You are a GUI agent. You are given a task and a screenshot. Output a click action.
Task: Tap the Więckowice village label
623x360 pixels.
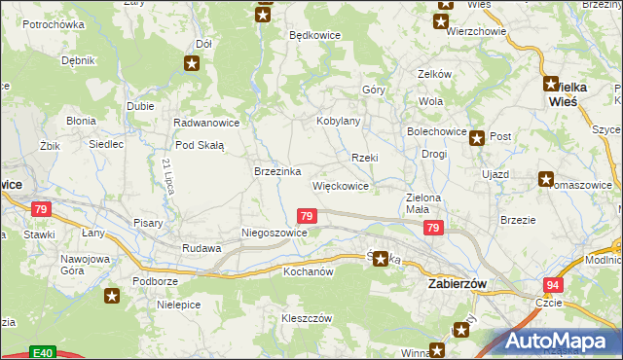[x=340, y=185]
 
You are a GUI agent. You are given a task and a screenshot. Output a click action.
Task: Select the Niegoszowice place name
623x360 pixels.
[x=275, y=234]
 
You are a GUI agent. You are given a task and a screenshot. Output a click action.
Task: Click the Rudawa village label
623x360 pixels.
[x=202, y=248]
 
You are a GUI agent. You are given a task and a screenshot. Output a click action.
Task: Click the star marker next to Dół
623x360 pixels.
[x=193, y=64]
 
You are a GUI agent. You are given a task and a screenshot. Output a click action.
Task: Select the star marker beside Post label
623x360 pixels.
[x=477, y=138]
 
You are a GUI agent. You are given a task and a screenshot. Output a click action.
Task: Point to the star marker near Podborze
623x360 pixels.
[x=114, y=296]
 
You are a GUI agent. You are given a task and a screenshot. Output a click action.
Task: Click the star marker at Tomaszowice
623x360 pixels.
[x=546, y=180]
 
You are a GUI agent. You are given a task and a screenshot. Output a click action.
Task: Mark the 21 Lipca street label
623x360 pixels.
[x=168, y=176]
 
